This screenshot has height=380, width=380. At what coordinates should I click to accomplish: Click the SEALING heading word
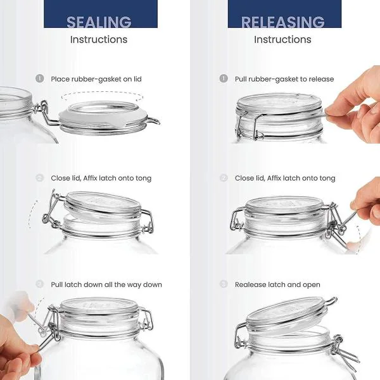(x=99, y=22)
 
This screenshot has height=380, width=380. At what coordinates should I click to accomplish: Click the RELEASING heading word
(x=282, y=22)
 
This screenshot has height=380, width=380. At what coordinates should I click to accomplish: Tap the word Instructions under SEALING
(x=99, y=39)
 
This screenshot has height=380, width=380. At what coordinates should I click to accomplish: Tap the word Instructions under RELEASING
(x=282, y=39)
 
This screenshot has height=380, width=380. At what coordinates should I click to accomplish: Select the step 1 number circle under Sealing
(x=40, y=79)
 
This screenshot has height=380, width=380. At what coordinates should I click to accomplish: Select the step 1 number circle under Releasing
(x=224, y=79)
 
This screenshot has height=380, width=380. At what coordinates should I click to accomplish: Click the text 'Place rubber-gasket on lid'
(x=96, y=79)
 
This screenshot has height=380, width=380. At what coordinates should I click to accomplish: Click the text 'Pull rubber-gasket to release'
(x=284, y=79)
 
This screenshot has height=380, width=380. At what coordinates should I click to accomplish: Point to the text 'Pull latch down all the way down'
(x=106, y=284)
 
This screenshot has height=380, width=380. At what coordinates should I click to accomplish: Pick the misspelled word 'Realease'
(x=251, y=284)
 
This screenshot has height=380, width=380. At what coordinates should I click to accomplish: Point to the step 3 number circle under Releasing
(x=224, y=284)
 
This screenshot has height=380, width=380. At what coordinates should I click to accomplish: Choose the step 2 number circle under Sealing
(x=40, y=178)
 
